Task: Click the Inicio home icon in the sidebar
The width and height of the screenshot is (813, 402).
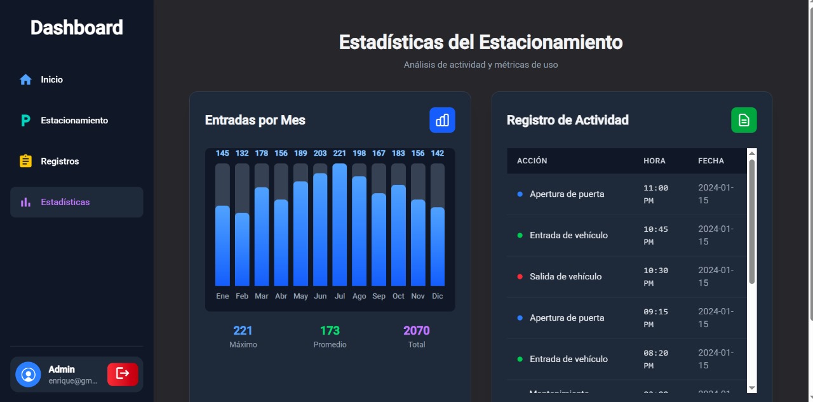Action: pos(25,80)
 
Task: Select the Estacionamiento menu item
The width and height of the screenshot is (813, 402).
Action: pos(74,121)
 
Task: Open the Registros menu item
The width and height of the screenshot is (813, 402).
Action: pos(60,161)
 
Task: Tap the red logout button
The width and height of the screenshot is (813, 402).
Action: pos(123,374)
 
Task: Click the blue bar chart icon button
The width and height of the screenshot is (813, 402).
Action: pos(442,120)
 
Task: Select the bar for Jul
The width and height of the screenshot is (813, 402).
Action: pos(340,225)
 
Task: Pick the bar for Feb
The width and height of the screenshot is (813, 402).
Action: pos(242,249)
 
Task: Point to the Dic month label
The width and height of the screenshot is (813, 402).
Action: pos(438,297)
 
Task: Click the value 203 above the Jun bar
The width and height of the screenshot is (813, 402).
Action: pos(320,153)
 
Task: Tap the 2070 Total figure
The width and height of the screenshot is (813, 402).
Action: pos(417,330)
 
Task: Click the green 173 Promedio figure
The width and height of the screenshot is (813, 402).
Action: pos(330,330)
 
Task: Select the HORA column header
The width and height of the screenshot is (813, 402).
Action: pos(654,161)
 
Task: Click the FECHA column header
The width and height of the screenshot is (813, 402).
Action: pos(711,161)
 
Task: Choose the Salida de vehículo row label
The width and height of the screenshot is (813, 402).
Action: pos(565,277)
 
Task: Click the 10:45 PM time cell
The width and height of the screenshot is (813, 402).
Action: pos(655,236)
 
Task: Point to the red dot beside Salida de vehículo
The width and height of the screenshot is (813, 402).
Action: pos(520,277)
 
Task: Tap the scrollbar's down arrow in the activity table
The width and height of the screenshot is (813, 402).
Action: pos(752,388)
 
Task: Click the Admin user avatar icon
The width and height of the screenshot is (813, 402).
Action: pos(28,374)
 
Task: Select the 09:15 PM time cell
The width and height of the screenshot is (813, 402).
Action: pos(655,318)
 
